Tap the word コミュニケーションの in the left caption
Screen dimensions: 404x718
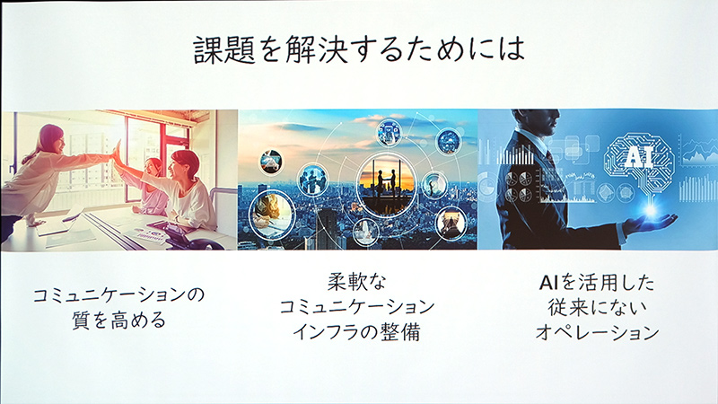pos(118,295)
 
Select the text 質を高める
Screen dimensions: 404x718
pos(118,321)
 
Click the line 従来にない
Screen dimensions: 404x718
pos(596,307)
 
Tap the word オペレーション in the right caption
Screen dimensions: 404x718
pos(596,331)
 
